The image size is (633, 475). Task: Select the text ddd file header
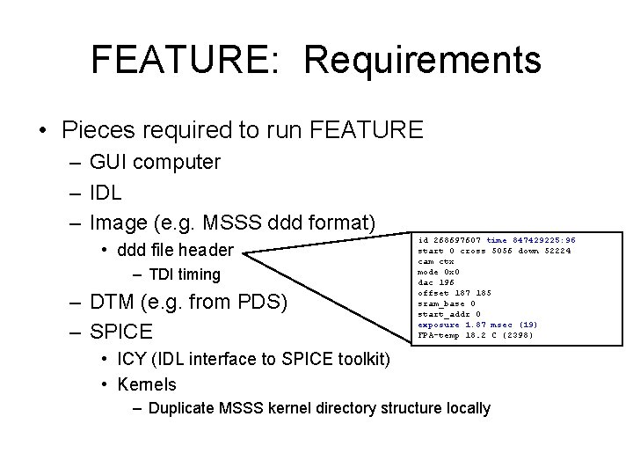(x=177, y=251)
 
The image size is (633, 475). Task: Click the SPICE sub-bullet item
(x=120, y=332)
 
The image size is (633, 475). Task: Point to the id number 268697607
(x=457, y=239)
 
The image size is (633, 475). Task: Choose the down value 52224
(x=555, y=250)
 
